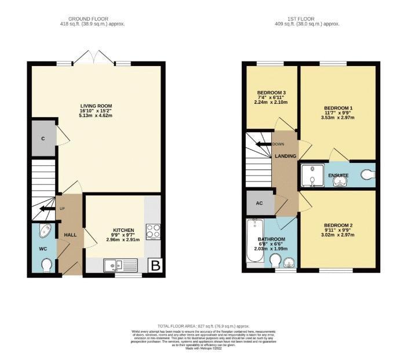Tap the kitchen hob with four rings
(153, 231)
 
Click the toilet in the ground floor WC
(46, 265)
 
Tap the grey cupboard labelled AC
(259, 203)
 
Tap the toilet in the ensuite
(367, 174)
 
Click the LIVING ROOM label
(96, 106)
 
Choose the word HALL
(70, 235)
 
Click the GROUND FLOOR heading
(92, 19)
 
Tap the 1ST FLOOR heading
(306, 19)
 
